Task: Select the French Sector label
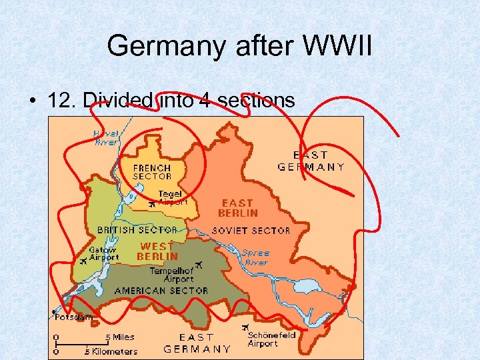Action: pyautogui.click(x=152, y=172)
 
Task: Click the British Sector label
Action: pyautogui.click(x=137, y=229)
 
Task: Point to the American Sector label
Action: pyautogui.click(x=161, y=291)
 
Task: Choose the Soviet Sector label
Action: pyautogui.click(x=251, y=230)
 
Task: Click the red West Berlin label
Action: pyautogui.click(x=157, y=251)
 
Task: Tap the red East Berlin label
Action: pyautogui.click(x=238, y=207)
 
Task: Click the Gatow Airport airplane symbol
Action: pyautogui.click(x=83, y=262)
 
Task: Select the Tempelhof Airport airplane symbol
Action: pyautogui.click(x=199, y=265)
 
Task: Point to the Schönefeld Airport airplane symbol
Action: pyautogui.click(x=245, y=327)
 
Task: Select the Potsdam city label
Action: pyautogui.click(x=74, y=317)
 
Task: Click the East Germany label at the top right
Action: pyautogui.click(x=311, y=161)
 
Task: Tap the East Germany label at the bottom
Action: pyautogui.click(x=197, y=343)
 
